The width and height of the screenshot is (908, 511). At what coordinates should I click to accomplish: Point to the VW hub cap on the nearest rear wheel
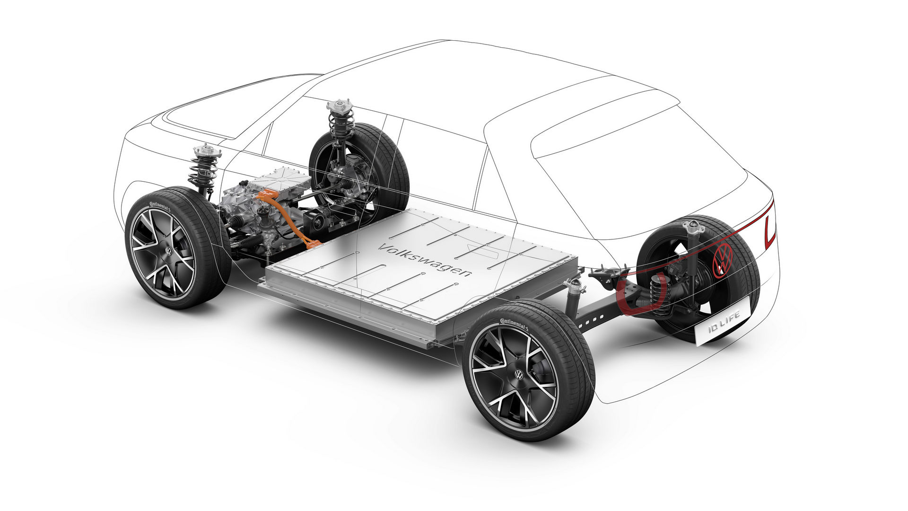(519, 375)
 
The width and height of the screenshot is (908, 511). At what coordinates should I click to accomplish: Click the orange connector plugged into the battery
(312, 244)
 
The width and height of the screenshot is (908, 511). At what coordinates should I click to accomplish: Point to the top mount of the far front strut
(340, 105)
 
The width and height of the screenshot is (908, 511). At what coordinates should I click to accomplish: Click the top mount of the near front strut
(207, 152)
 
